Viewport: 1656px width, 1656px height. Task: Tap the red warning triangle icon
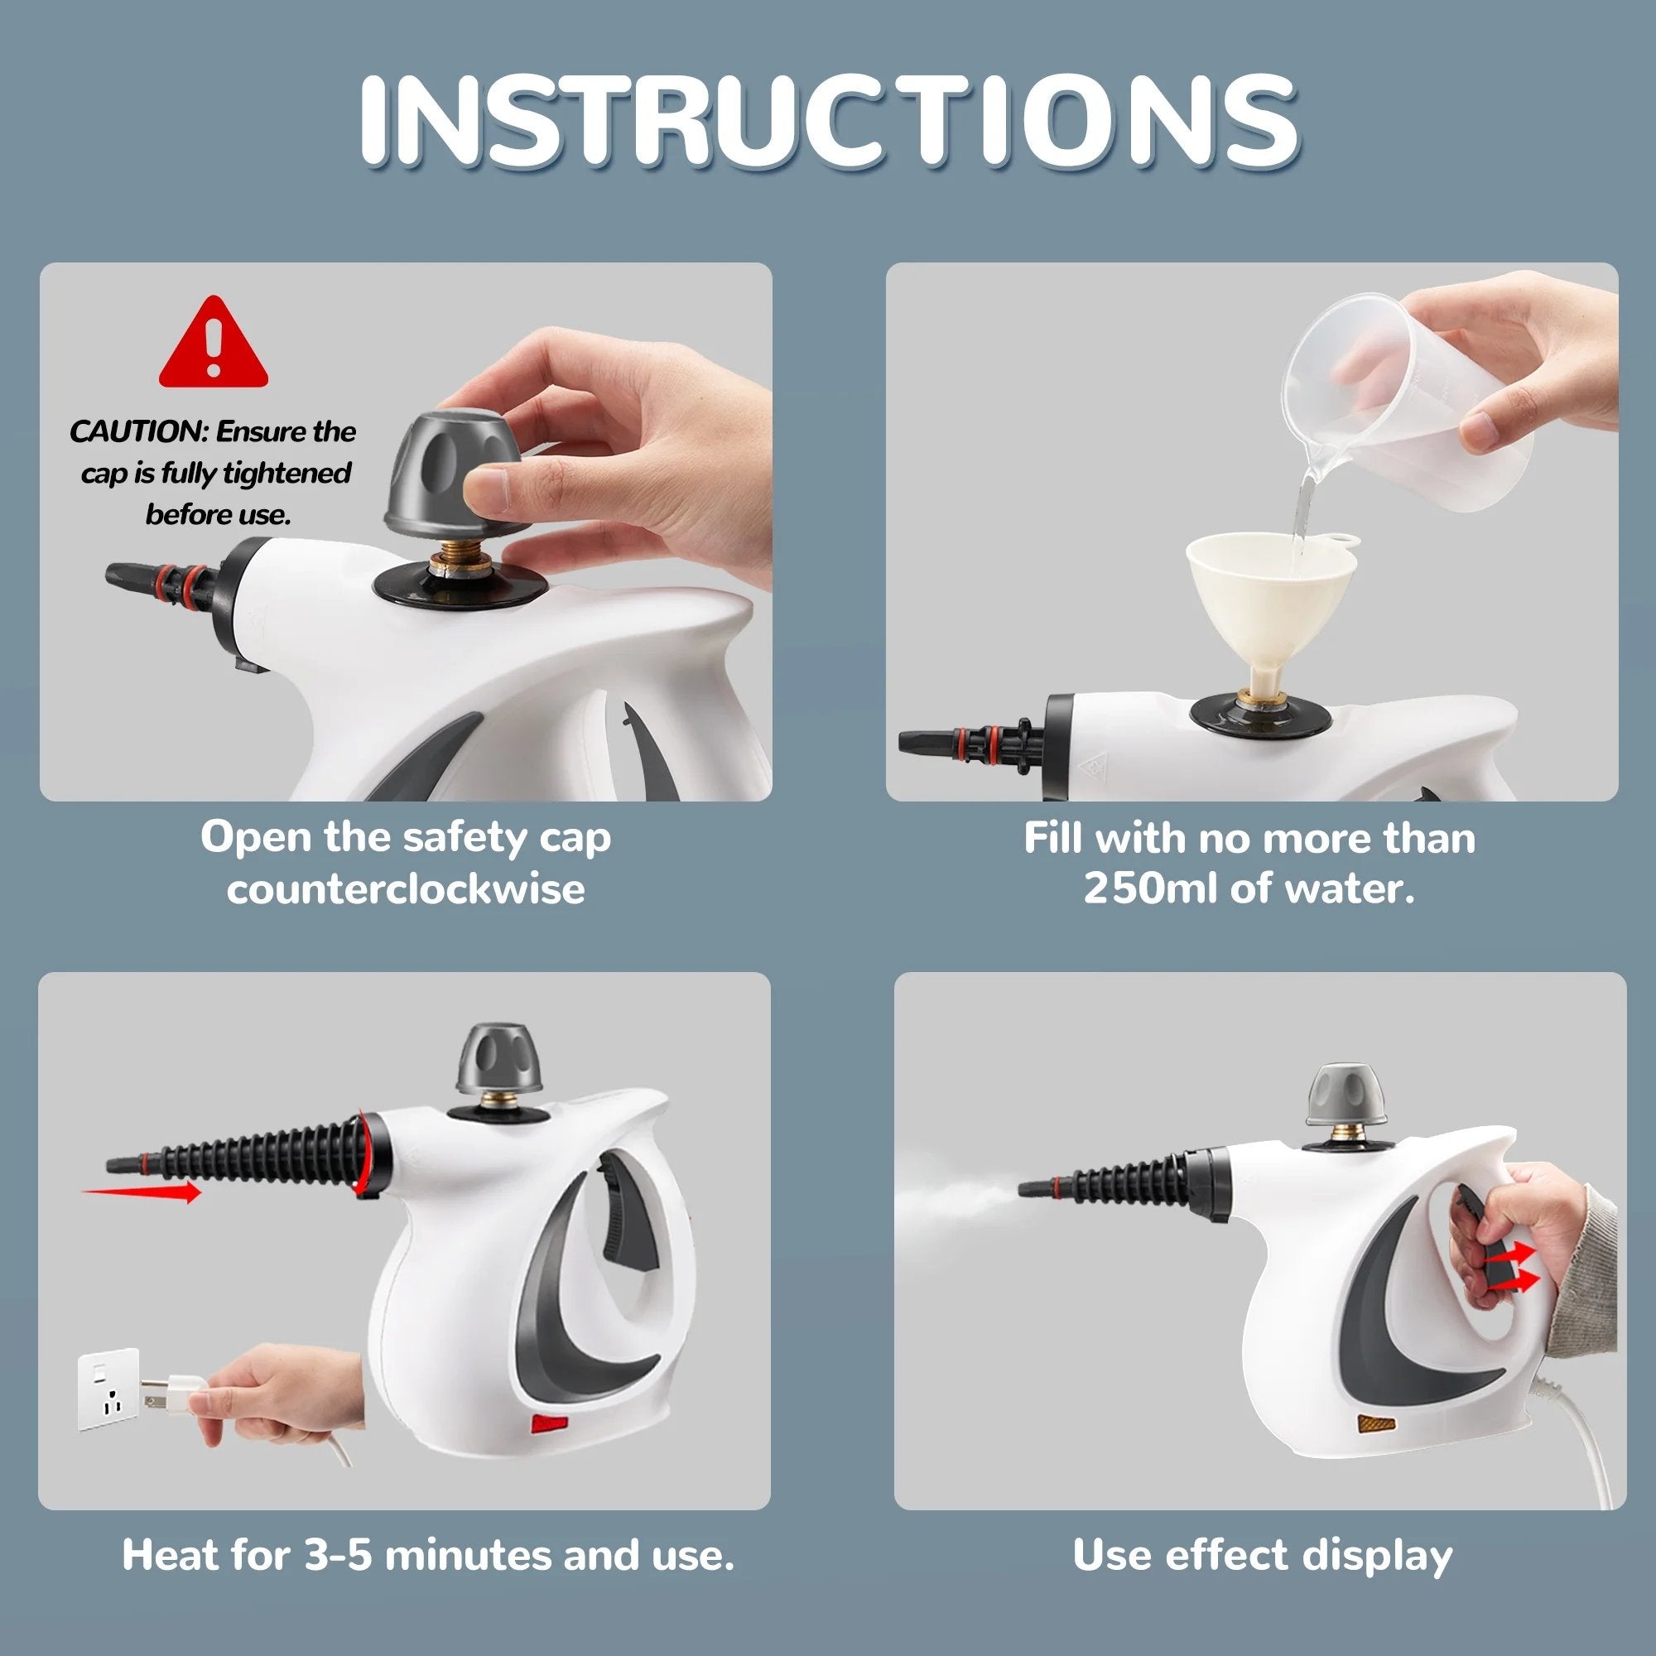tap(214, 343)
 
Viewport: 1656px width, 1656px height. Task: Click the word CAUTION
tap(137, 431)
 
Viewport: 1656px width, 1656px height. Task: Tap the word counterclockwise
tap(406, 888)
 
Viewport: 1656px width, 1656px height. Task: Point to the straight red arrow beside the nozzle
tap(142, 1191)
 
